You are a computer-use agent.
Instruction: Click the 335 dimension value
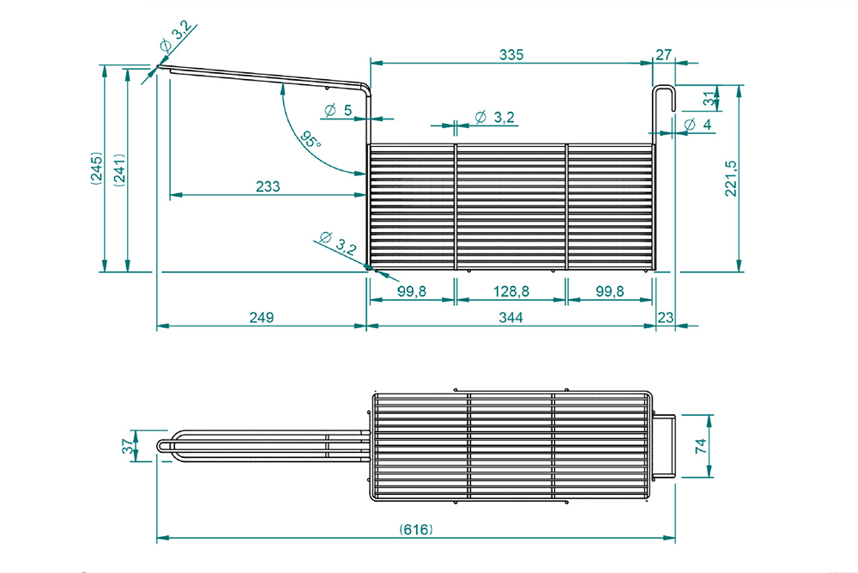(511, 55)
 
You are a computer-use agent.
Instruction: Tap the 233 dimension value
(268, 186)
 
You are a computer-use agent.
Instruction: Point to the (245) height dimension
(97, 169)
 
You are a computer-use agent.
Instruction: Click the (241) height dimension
(119, 169)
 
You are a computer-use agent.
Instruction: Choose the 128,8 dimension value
(511, 292)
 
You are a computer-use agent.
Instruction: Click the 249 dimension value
(261, 318)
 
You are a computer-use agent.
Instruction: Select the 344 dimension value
(511, 318)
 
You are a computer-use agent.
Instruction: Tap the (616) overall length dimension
(416, 529)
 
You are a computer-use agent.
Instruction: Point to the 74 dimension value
(700, 446)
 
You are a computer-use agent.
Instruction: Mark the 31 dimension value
(709, 99)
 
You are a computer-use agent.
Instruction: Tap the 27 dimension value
(664, 55)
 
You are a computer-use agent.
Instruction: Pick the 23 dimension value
(665, 318)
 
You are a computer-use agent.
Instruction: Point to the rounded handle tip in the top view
(162, 446)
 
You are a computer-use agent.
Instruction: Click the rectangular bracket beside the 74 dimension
(665, 446)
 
